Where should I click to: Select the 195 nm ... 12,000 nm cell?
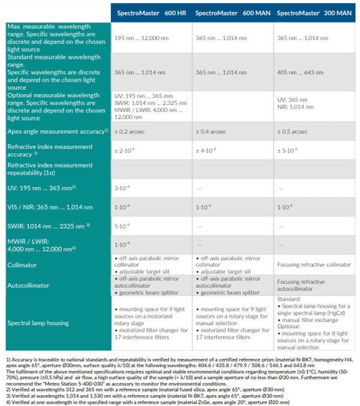tap(143, 38)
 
